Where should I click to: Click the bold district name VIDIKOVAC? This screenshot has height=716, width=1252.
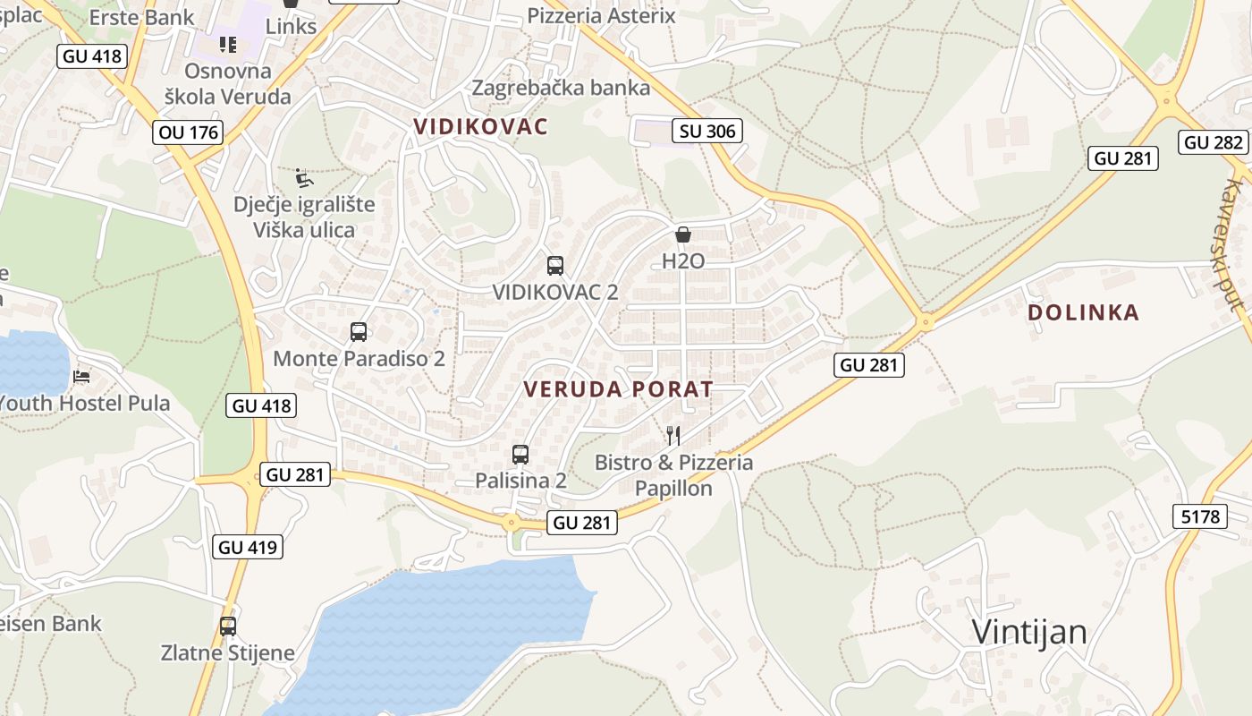click(x=480, y=126)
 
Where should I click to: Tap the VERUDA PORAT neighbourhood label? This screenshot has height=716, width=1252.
click(x=619, y=389)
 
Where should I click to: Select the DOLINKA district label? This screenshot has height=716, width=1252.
click(x=1083, y=312)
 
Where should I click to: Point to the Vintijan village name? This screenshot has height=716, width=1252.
click(x=1029, y=632)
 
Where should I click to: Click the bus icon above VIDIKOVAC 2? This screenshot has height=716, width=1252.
click(x=555, y=266)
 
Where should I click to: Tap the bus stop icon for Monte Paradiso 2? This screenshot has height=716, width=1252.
click(x=359, y=332)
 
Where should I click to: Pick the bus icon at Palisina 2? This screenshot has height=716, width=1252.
click(x=520, y=455)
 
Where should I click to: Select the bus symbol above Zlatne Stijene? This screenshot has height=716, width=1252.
click(x=228, y=626)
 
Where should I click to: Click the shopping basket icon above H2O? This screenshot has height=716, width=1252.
click(x=683, y=235)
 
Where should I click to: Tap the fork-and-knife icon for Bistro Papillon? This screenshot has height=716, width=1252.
click(x=673, y=436)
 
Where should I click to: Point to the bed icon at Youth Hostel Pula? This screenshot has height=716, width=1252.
click(x=81, y=377)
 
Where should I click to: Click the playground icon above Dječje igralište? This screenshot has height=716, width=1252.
click(x=304, y=178)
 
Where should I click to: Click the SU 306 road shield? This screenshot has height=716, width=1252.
click(x=707, y=132)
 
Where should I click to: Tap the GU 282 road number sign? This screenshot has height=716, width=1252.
click(x=1214, y=141)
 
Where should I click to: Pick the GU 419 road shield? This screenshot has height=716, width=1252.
click(x=248, y=547)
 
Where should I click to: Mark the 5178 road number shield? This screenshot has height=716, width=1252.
click(x=1200, y=516)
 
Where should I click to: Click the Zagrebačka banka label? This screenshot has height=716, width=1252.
click(x=561, y=88)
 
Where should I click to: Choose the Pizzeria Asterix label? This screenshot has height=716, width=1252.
click(x=601, y=15)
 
